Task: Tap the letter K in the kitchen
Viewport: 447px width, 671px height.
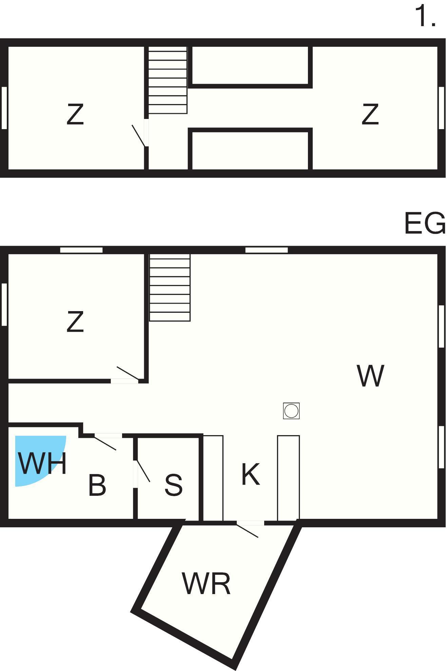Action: pyautogui.click(x=251, y=474)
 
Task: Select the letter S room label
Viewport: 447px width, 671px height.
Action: pyautogui.click(x=173, y=485)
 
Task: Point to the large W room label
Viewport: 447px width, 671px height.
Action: pyautogui.click(x=370, y=375)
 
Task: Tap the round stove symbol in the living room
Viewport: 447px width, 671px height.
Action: pyautogui.click(x=291, y=411)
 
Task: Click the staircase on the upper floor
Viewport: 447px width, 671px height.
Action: pyautogui.click(x=168, y=80)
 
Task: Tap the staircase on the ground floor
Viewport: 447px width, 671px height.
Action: pyautogui.click(x=170, y=287)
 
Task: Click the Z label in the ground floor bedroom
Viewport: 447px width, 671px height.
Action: pyautogui.click(x=75, y=322)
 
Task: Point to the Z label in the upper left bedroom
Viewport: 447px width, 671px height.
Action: pyautogui.click(x=75, y=114)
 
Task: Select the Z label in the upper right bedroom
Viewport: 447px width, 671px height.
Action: pyautogui.click(x=370, y=114)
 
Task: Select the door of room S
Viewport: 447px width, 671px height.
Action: pyautogui.click(x=142, y=471)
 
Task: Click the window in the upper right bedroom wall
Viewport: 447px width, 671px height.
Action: pyautogui.click(x=441, y=108)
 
